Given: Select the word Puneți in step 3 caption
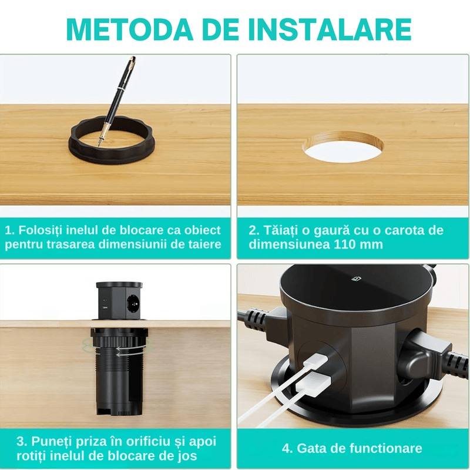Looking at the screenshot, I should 48,441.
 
